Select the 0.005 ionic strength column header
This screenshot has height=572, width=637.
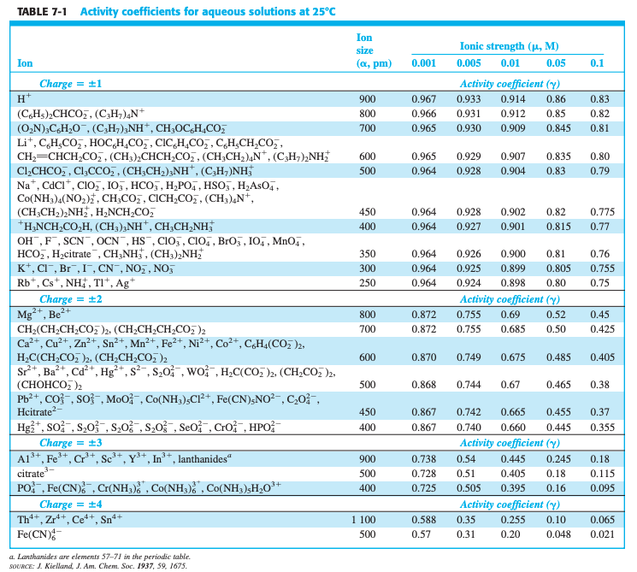[468, 63]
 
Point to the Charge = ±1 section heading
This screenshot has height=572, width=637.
[71, 84]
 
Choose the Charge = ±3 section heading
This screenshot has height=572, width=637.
[71, 443]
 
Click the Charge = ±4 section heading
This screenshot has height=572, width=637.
[71, 504]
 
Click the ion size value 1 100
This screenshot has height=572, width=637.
[363, 519]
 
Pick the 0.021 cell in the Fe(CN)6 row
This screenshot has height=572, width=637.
[601, 534]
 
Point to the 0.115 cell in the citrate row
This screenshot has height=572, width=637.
[599, 473]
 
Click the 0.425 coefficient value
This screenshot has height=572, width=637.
[599, 329]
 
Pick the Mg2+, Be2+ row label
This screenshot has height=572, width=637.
[41, 314]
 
